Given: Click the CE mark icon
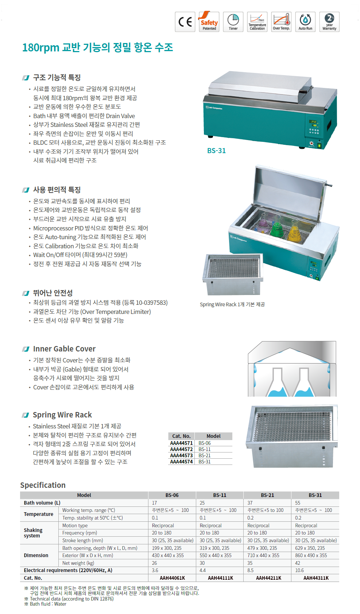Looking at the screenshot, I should (x=185, y=22).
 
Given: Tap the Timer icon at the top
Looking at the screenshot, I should (x=233, y=22).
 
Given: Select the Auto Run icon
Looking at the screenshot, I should (x=305, y=22).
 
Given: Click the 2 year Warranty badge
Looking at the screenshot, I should (x=329, y=22).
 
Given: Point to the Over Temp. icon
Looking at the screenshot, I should (x=281, y=22).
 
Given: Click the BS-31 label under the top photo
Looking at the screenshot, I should (x=216, y=151).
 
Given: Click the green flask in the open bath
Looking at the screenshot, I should (x=278, y=228).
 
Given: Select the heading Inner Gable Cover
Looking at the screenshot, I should (x=64, y=349).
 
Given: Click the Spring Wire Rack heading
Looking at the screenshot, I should (x=62, y=415).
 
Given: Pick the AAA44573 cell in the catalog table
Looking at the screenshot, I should (x=181, y=455).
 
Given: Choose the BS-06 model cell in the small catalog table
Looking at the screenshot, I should (x=205, y=443).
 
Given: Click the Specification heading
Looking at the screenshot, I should (x=43, y=485).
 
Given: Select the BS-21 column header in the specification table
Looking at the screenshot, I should (x=267, y=495).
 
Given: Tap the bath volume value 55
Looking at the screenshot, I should (x=298, y=503).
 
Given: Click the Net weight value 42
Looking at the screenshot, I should (x=298, y=563).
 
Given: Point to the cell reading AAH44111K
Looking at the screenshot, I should (x=220, y=578).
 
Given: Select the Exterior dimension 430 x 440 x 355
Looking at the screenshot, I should (x=168, y=555).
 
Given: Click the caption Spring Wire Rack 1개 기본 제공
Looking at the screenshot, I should (x=232, y=304).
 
